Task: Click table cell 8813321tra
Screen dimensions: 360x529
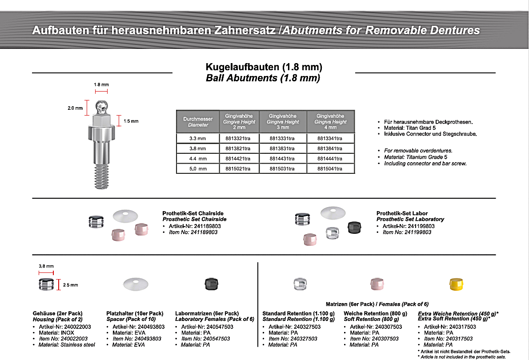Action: coord(238,138)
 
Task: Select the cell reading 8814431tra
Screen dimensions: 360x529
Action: coord(283,159)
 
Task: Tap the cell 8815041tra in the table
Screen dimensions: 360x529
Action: coord(330,169)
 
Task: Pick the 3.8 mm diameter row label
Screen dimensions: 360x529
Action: coord(198,148)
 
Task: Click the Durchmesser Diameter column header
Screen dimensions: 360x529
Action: coord(198,122)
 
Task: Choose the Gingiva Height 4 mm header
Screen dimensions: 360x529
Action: coord(330,121)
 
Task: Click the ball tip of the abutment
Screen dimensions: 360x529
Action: coord(101,106)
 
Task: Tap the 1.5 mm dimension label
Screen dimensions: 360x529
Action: coord(131,121)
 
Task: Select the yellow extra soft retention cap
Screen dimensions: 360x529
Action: coord(456,284)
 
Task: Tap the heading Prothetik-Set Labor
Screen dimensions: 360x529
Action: coord(402,213)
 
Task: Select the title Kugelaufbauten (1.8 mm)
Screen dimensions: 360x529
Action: coord(264,68)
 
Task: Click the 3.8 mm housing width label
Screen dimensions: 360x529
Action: coord(45,266)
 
